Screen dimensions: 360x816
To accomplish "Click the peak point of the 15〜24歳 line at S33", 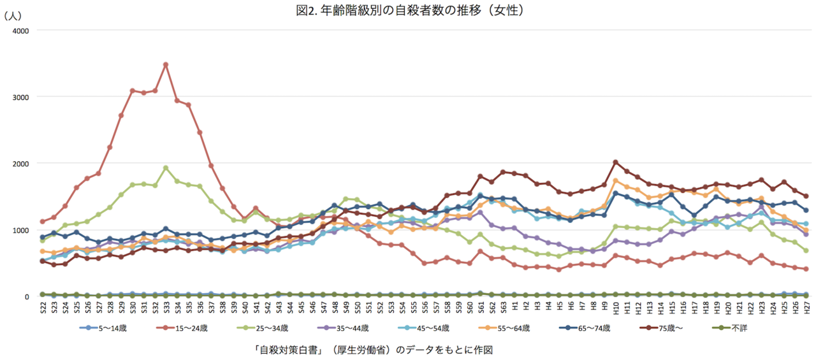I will tap(166, 64).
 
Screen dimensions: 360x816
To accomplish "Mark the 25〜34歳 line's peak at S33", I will tap(166, 168).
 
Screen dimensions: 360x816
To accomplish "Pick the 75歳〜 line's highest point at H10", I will tap(616, 162).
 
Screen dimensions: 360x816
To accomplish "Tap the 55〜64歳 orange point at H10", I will tap(616, 180).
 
